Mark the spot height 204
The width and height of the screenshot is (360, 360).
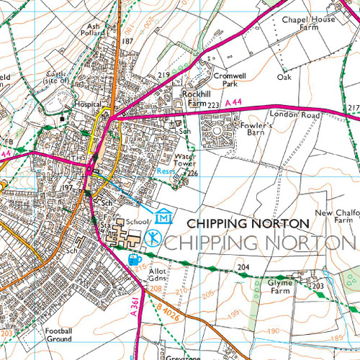coord(243,267)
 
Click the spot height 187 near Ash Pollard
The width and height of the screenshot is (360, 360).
coord(128,42)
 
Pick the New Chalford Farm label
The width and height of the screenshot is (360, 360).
coord(336,217)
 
